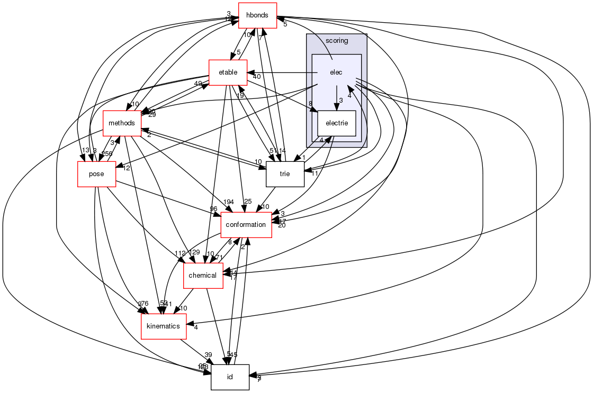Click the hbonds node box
(x=257, y=16)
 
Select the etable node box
(x=228, y=72)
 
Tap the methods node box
(x=122, y=123)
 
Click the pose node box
(x=96, y=174)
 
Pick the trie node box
(x=285, y=174)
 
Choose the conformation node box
(x=246, y=225)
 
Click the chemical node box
(x=202, y=276)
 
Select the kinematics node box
(x=163, y=326)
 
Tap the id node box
(x=230, y=377)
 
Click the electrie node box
(x=336, y=123)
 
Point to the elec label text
(x=336, y=72)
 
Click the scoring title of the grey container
(x=337, y=41)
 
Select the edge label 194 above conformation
(x=229, y=203)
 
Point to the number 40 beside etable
(x=257, y=77)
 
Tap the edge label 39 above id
(x=208, y=354)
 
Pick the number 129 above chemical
(x=195, y=253)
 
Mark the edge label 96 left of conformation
(x=213, y=208)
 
